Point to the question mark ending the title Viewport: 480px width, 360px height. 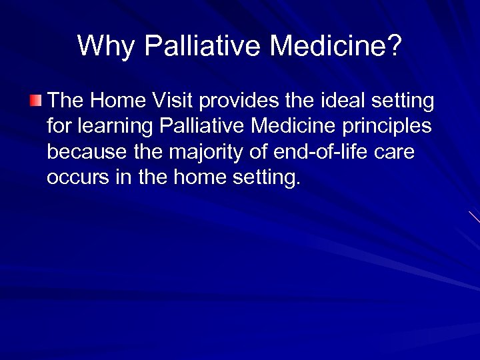(395, 46)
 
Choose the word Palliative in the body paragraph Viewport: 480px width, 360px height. (193, 126)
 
